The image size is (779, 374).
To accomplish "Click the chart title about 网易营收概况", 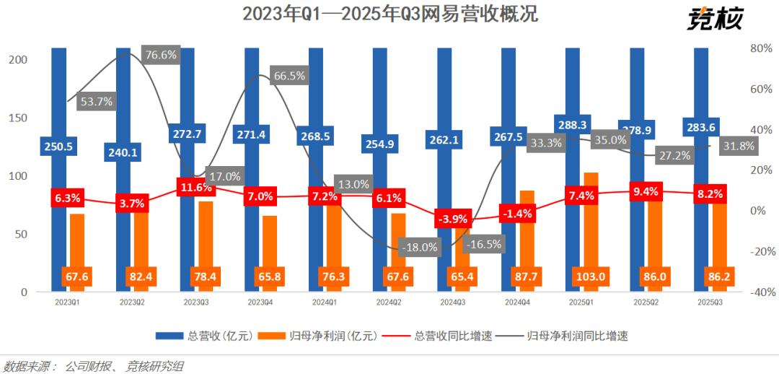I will (389, 14).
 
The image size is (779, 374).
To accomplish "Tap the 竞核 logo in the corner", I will (714, 18).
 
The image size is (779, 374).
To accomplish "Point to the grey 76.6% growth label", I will (160, 55).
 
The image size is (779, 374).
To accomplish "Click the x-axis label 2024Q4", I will (519, 302).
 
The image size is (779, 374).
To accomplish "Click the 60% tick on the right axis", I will (761, 90).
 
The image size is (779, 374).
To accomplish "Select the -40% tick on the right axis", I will (760, 292).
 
